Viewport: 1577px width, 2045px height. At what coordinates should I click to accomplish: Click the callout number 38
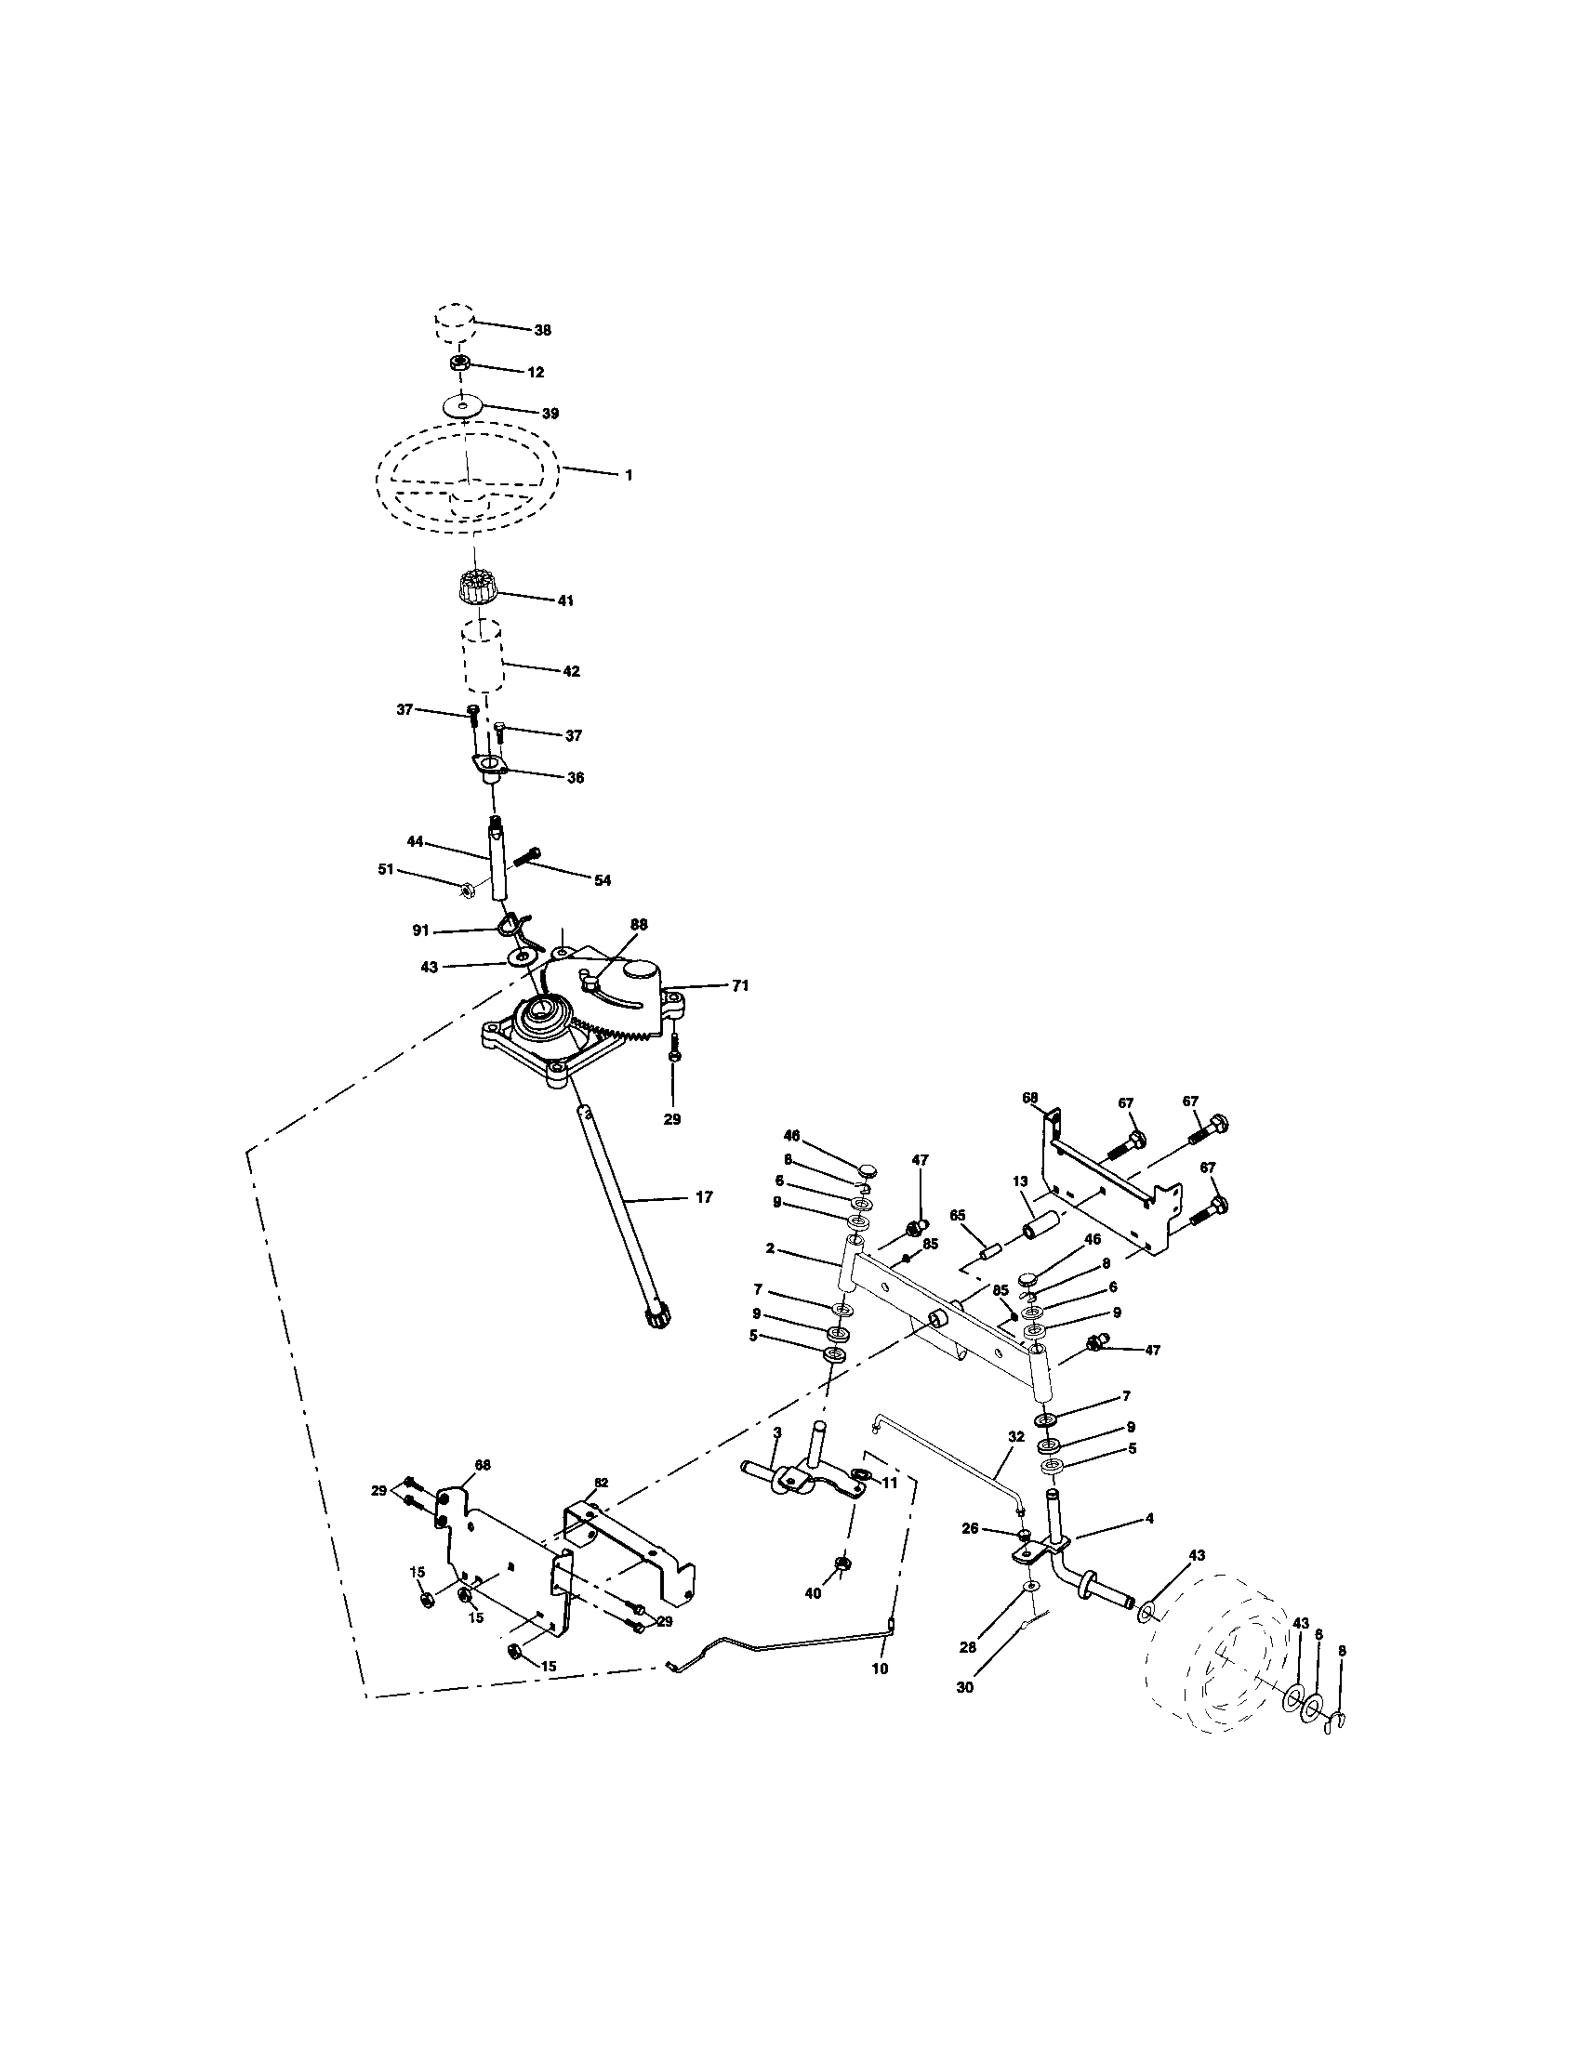tap(542, 331)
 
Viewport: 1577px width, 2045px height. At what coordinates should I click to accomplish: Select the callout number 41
tap(564, 601)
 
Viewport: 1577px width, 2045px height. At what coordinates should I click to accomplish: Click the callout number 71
tap(741, 986)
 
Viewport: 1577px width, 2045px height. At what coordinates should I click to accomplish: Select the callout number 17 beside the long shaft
tap(704, 1196)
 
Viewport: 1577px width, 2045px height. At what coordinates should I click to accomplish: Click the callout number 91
tap(420, 930)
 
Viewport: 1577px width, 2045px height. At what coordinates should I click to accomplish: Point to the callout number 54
tap(603, 880)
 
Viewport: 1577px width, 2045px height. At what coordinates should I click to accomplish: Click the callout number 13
tap(1020, 1181)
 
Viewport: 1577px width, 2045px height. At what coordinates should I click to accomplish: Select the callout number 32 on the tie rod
tap(1016, 1461)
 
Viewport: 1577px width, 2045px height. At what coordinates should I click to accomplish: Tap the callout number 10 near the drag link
tap(880, 1669)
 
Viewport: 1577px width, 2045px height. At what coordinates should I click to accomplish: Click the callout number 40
tap(813, 1592)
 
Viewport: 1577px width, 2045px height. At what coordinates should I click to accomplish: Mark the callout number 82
tap(601, 1484)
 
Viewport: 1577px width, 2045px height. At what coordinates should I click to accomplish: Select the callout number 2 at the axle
tap(769, 1248)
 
